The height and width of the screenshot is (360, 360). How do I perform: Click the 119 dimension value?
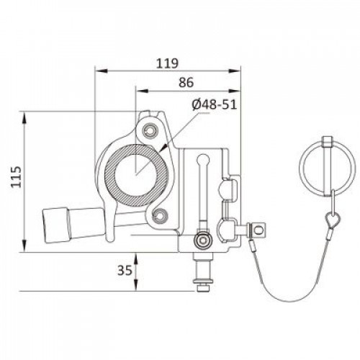point(168,63)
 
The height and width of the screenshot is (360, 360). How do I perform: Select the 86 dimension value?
point(186,83)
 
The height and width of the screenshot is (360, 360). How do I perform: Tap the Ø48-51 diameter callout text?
point(215,104)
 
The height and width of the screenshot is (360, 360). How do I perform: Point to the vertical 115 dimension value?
point(17,176)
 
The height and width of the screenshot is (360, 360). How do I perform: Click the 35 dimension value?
point(125,271)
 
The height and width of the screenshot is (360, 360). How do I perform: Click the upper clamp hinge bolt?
point(150,131)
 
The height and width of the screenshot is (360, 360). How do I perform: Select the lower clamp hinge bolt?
point(160,215)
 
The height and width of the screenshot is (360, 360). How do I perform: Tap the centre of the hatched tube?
point(136,176)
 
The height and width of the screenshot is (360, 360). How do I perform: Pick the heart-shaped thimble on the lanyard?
point(333,220)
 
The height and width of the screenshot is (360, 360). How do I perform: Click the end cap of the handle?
point(56,225)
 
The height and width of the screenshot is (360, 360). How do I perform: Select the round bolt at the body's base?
point(204,240)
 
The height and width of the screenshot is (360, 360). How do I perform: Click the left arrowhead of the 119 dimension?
point(101,71)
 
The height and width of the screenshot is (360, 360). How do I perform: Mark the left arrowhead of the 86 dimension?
point(141,91)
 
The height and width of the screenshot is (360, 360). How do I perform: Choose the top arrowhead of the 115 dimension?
point(24,117)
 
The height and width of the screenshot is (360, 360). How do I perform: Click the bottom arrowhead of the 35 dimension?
point(136,285)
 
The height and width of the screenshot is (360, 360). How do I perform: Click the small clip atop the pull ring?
point(328,141)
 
